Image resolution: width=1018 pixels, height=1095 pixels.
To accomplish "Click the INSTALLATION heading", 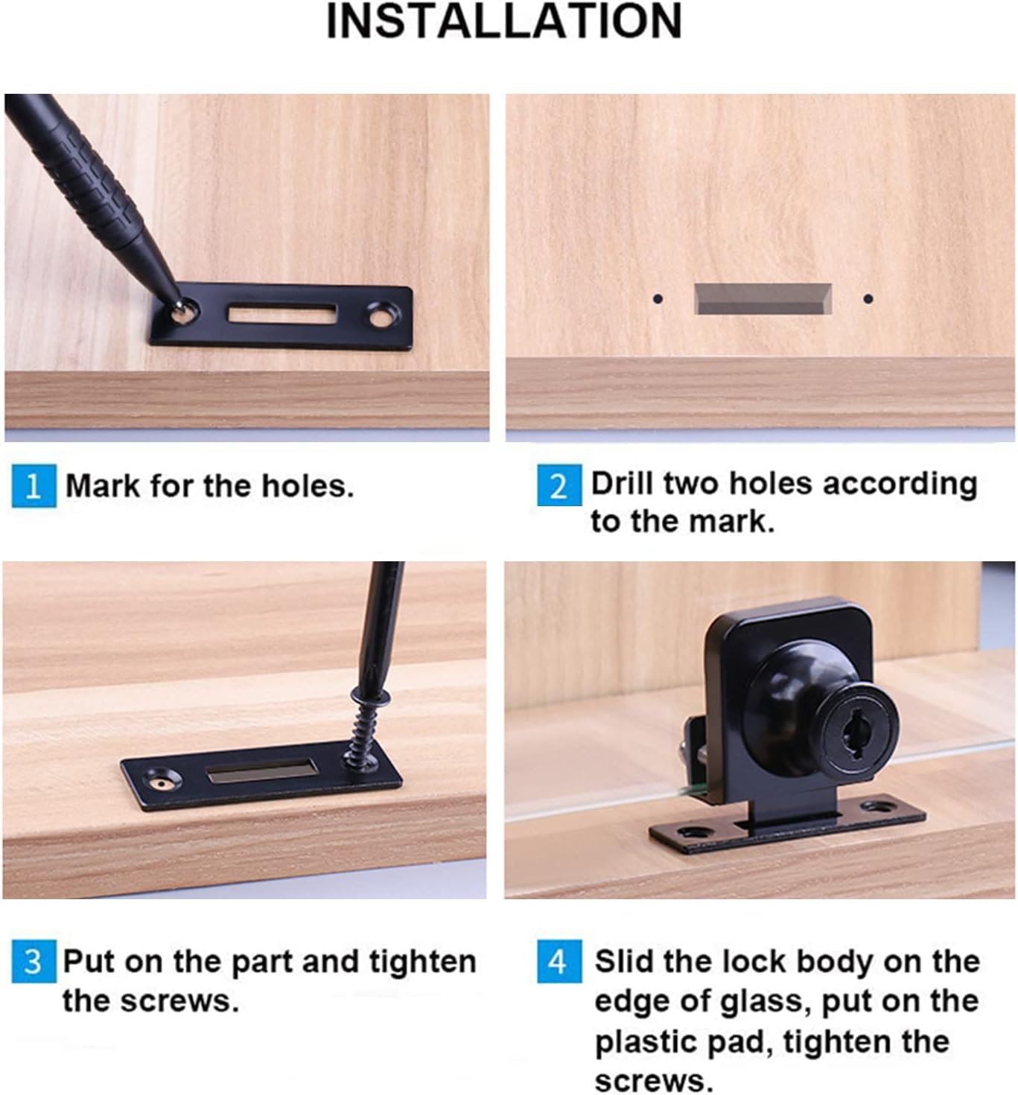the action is (504, 22).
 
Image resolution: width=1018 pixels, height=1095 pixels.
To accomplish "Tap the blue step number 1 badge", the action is (34, 486).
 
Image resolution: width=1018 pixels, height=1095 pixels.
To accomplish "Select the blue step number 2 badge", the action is (559, 485).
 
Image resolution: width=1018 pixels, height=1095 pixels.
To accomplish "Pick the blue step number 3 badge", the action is (34, 962).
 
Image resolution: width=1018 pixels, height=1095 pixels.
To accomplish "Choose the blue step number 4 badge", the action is (559, 962).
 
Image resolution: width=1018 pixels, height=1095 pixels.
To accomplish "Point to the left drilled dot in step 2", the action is (657, 299).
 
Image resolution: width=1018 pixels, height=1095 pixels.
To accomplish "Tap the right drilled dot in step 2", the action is (868, 299).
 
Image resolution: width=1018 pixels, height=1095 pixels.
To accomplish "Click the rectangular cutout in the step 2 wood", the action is (763, 299).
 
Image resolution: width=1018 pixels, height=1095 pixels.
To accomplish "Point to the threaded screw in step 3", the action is (365, 729).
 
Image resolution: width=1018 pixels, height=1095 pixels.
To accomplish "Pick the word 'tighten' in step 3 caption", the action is (422, 962).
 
